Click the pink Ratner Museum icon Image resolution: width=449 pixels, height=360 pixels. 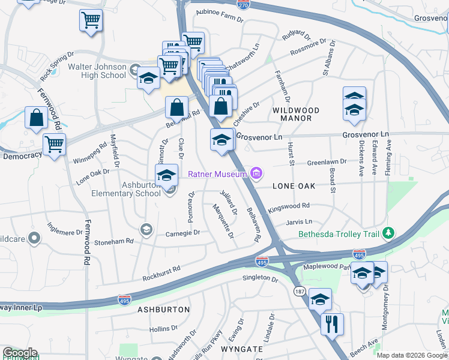[256, 174]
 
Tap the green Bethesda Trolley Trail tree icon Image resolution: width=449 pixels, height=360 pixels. [389, 232]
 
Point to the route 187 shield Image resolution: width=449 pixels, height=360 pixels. [299, 291]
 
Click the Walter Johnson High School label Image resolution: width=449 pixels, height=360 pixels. [97, 71]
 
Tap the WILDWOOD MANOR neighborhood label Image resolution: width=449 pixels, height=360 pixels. [300, 114]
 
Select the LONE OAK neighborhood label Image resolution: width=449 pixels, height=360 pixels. [294, 187]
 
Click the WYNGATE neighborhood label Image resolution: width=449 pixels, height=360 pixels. [242, 349]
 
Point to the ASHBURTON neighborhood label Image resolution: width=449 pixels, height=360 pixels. [163, 310]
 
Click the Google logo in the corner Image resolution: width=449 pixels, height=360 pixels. [20, 353]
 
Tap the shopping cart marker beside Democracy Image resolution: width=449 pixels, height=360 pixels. [54, 144]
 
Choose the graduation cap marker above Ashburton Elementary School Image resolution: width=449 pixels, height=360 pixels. [166, 175]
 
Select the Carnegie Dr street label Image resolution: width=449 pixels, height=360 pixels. [182, 233]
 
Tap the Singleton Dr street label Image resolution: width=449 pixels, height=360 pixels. [261, 279]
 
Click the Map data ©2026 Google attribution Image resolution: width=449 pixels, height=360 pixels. [412, 355]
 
